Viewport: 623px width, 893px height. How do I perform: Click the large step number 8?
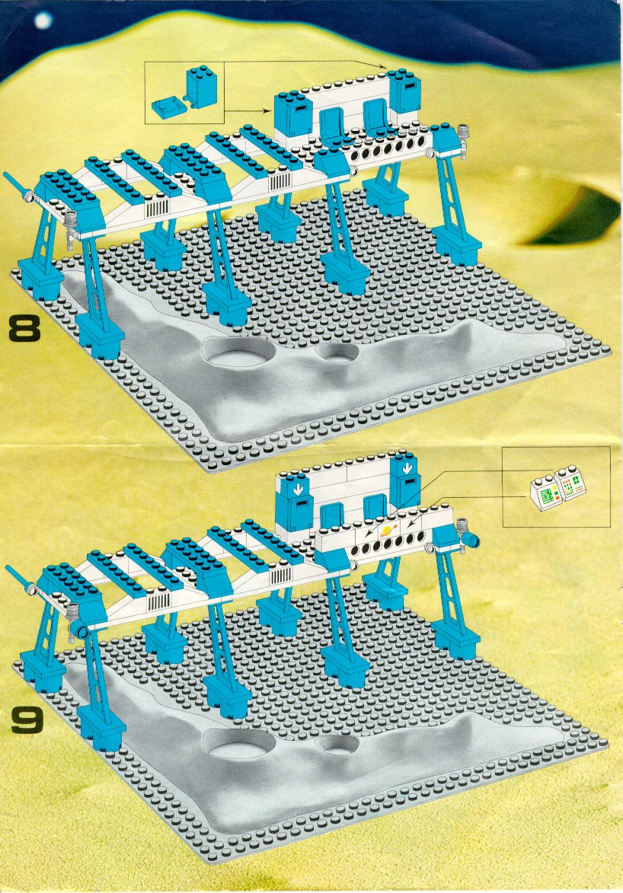coord(24,330)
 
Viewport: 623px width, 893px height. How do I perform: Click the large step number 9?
coord(27,721)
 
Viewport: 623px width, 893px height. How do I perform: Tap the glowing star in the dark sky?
coord(43,21)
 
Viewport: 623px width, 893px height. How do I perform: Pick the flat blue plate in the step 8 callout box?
coord(167,106)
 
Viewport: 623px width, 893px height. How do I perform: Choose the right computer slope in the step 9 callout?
coord(570,482)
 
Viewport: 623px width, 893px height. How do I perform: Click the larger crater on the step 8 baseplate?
coord(238,353)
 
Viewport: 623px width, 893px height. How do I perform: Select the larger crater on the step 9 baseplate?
coord(239,743)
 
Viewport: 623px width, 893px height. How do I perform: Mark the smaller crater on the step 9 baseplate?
coord(337,744)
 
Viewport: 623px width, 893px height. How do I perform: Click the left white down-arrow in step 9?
coord(297,490)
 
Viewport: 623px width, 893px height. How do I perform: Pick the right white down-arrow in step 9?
coord(407,469)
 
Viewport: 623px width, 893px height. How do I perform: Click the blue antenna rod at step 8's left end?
coord(15,184)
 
